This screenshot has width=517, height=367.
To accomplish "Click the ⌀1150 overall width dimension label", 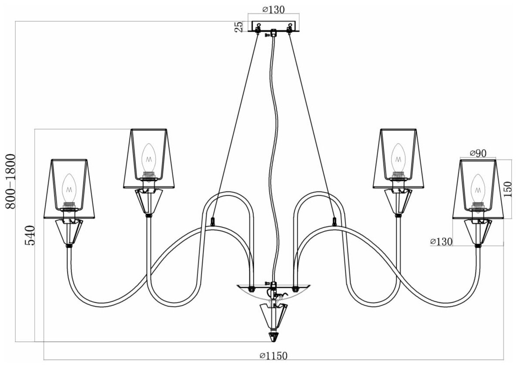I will click(x=273, y=356).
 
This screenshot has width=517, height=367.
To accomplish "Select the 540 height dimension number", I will click(x=29, y=236).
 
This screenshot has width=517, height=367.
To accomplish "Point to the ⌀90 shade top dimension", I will click(x=478, y=153).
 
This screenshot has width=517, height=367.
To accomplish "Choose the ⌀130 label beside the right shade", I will click(x=441, y=242).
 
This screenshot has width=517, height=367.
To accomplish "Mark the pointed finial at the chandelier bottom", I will click(x=274, y=337).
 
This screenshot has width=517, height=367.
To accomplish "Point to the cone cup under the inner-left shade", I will click(x=149, y=200).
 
